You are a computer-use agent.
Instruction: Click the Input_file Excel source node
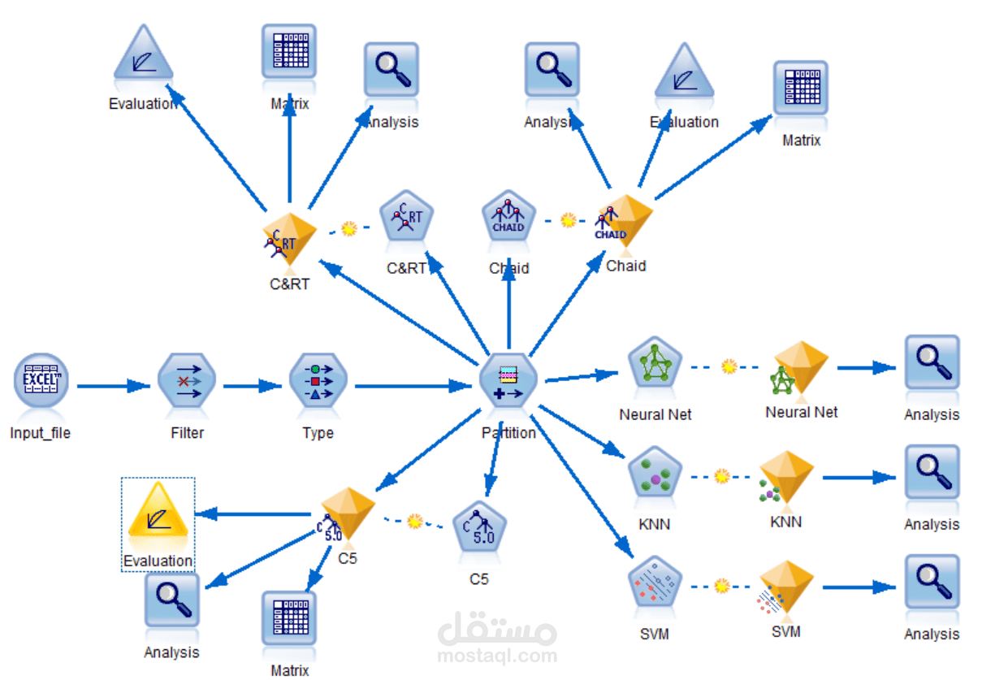click(x=41, y=382)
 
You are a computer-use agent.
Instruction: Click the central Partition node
click(x=508, y=382)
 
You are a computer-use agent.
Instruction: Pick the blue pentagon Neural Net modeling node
click(x=655, y=364)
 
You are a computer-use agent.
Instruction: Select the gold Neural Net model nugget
click(x=800, y=367)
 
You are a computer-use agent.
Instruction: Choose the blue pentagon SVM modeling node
click(x=655, y=583)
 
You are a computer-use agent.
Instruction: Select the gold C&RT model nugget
click(x=289, y=240)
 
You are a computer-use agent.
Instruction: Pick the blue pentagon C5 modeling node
click(x=479, y=528)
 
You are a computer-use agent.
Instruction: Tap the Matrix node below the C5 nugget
click(x=289, y=619)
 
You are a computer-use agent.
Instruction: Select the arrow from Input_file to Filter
click(x=114, y=386)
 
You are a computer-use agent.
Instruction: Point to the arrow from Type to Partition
click(x=414, y=386)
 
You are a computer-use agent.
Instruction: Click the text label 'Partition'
click(x=508, y=433)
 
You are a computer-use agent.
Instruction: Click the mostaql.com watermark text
click(x=497, y=656)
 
